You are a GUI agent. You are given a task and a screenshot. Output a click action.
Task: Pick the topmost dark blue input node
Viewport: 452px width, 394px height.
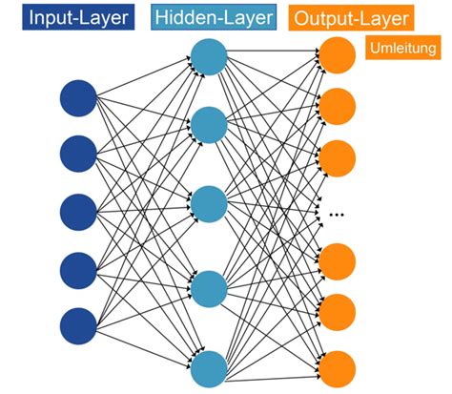pos(78,98)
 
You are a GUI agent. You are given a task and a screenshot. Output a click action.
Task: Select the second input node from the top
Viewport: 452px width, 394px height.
pos(78,153)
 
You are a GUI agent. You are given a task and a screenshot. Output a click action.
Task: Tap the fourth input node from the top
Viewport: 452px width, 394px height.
pos(78,265)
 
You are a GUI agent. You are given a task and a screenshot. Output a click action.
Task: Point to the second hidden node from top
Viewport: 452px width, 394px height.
pos(208,124)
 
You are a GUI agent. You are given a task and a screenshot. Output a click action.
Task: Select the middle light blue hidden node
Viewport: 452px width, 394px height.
pos(208,203)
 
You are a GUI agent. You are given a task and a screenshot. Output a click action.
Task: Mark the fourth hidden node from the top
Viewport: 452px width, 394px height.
pos(208,287)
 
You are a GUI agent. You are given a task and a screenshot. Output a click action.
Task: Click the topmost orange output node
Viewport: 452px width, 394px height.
pos(336,55)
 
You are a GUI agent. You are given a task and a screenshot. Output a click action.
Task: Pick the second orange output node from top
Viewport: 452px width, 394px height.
pos(336,105)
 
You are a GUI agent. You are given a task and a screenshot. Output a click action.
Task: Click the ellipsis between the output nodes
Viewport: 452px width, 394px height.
pos(336,215)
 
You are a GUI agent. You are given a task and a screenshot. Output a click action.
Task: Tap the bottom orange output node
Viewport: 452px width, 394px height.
pos(336,364)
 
